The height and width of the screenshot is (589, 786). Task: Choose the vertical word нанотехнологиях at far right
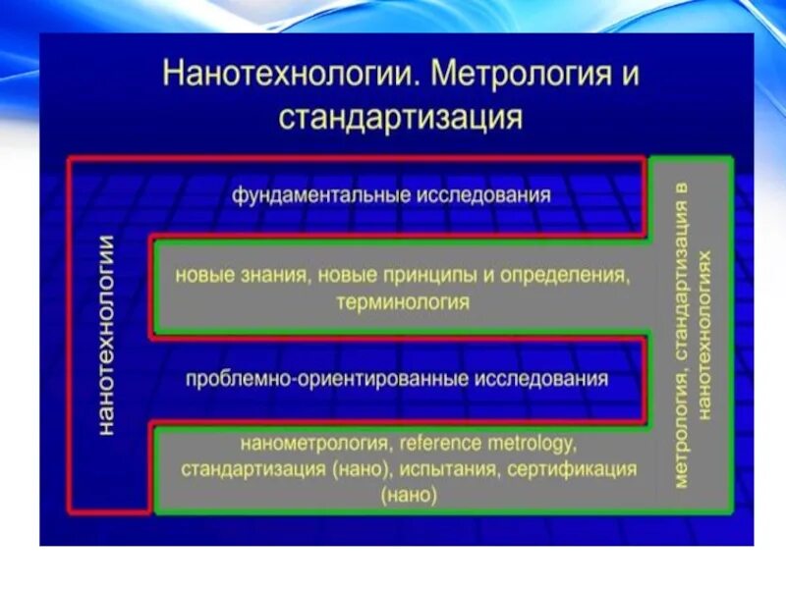click(703, 334)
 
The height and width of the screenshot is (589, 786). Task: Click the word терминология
click(403, 301)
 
